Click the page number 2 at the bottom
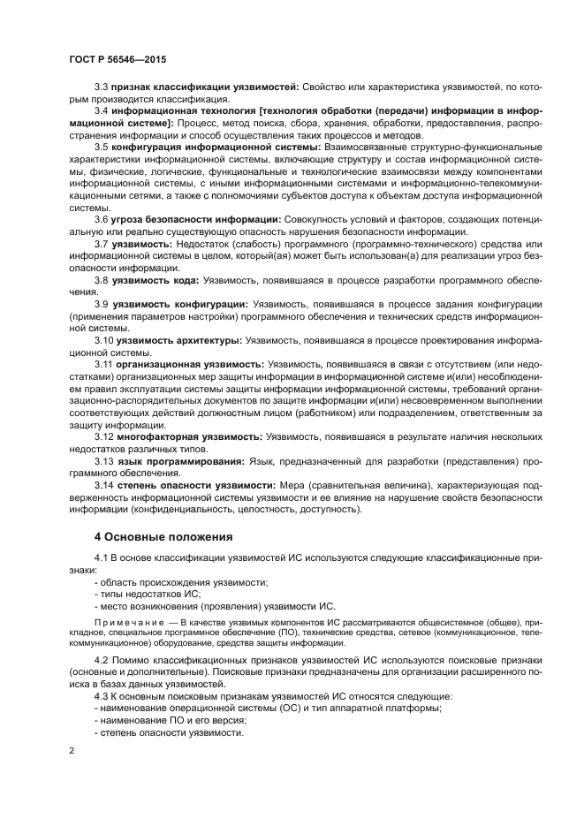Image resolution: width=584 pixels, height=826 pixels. tap(72, 750)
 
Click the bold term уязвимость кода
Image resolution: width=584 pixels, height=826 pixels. tap(155, 279)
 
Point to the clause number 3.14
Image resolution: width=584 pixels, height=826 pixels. tap(104, 485)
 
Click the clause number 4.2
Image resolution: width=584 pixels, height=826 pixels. tap(102, 660)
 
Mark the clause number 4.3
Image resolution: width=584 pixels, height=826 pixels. tap(102, 696)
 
